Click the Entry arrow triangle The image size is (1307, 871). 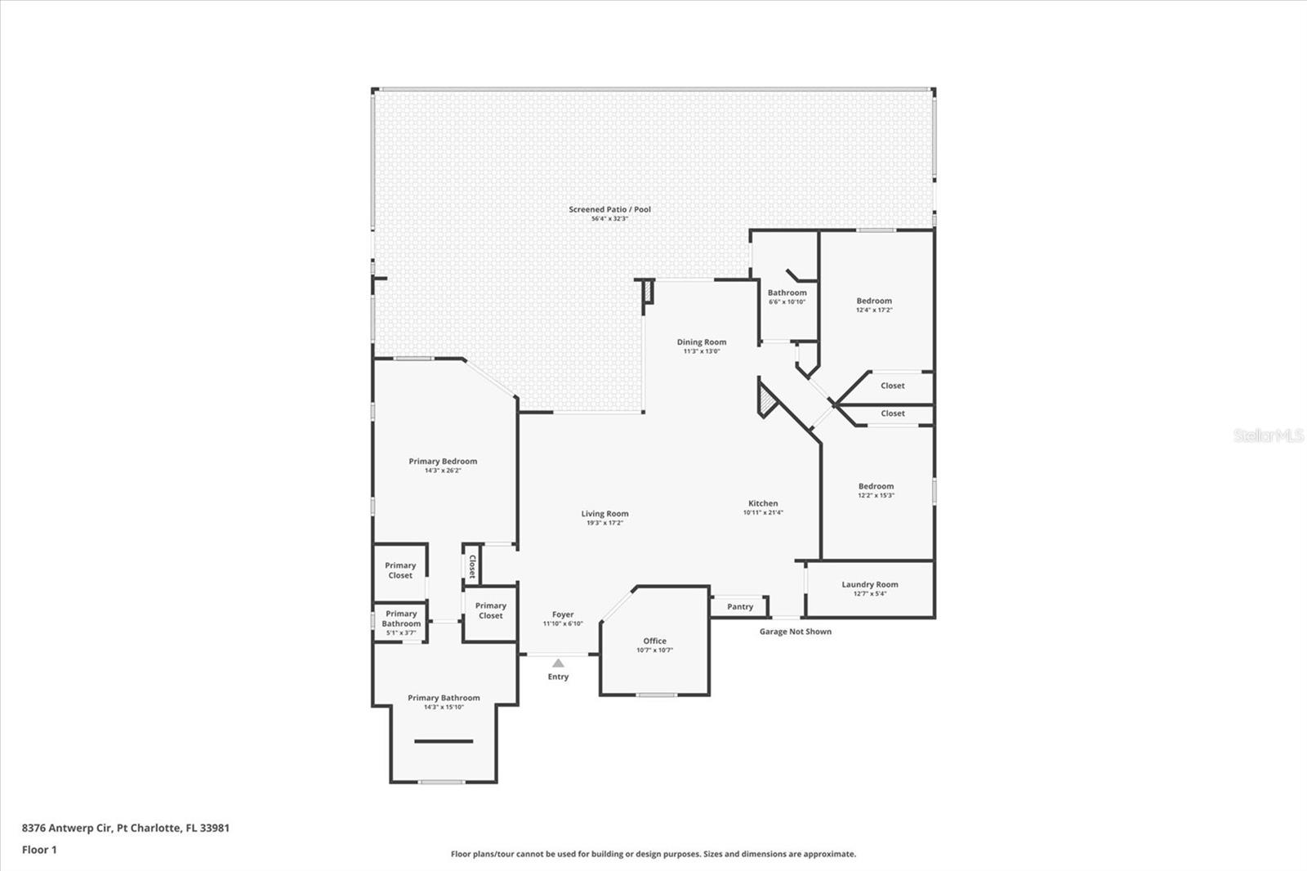point(558,663)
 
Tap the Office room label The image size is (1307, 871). point(654,641)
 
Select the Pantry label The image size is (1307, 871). point(740,606)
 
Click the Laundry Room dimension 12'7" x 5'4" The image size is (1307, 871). point(870,594)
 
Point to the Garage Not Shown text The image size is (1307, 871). point(795,632)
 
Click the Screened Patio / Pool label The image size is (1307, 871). point(609,209)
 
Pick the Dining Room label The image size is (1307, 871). point(701,342)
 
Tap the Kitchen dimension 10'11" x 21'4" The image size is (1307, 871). point(763,513)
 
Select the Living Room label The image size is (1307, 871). point(604,514)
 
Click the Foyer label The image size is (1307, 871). point(563,614)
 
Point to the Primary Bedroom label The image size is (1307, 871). point(443,461)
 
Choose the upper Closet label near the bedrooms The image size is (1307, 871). point(892,386)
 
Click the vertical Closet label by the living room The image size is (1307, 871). point(472,566)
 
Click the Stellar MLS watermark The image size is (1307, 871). point(1268,435)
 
